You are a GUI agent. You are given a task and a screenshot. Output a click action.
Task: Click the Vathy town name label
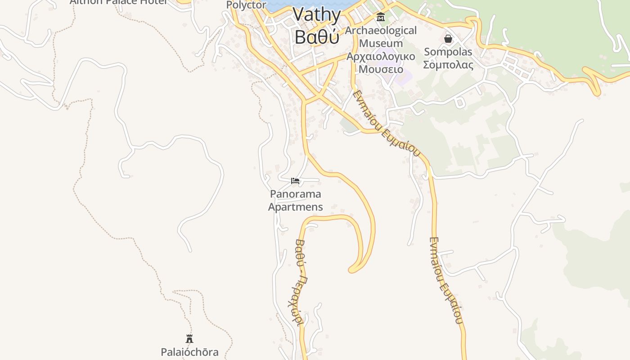(x=317, y=15)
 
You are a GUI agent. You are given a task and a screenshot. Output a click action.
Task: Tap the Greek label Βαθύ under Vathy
(x=317, y=37)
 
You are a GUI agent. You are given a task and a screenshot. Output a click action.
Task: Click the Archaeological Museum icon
(x=381, y=18)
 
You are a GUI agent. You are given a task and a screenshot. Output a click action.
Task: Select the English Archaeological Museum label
(x=381, y=37)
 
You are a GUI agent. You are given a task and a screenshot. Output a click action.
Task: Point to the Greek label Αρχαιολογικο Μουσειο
(x=381, y=63)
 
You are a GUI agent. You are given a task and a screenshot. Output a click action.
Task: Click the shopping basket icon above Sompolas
(x=448, y=39)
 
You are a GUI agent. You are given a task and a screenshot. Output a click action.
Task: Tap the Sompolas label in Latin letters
(x=448, y=52)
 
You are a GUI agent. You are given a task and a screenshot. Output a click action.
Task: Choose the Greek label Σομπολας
(x=448, y=65)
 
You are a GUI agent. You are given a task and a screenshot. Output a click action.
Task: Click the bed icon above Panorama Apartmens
(x=295, y=181)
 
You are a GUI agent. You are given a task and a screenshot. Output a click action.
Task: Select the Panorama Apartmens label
(x=296, y=200)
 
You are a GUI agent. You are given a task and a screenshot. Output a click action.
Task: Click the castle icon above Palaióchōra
(x=189, y=339)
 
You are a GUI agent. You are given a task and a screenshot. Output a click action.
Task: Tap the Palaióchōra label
(x=189, y=352)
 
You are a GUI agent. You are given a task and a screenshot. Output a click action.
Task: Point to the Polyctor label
(x=246, y=5)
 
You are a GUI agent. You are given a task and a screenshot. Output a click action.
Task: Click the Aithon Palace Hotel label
(x=118, y=2)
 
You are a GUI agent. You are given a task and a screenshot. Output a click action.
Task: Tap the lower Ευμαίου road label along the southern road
(x=445, y=280)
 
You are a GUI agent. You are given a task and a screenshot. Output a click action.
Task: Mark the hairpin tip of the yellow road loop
(x=352, y=270)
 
